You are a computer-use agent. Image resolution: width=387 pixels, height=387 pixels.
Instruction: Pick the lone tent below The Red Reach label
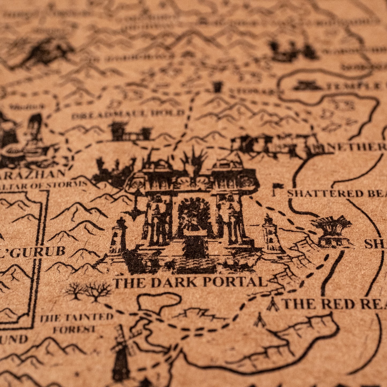259,321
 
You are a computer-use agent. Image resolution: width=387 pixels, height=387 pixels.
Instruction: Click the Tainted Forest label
77,323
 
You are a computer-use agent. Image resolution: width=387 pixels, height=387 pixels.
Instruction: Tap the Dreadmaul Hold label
128,114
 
